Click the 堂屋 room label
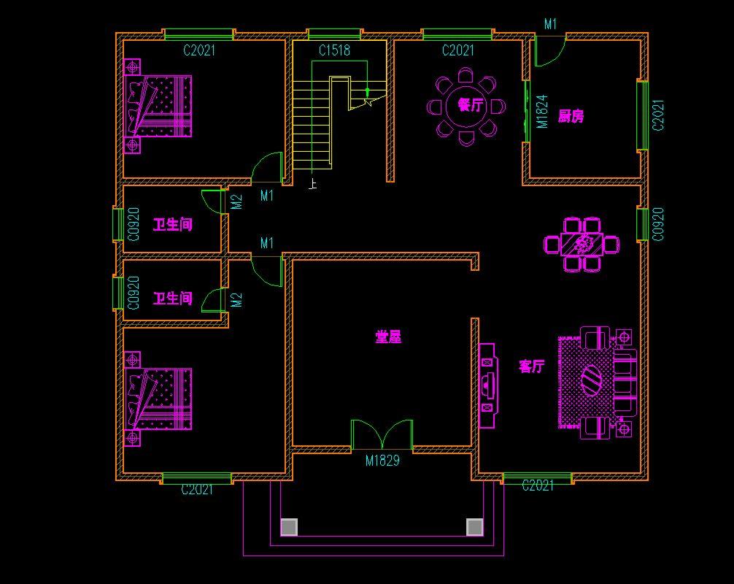tap(389, 337)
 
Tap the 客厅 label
tap(532, 366)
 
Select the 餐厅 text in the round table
tap(471, 104)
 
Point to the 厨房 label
tap(571, 115)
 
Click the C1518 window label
tap(334, 50)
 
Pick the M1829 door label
tap(382, 461)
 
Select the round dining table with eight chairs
tap(466, 107)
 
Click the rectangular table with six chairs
tap(582, 244)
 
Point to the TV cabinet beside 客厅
tap(487, 385)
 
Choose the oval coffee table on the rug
tap(591, 380)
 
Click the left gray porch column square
tap(289, 527)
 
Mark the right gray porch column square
tap(475, 527)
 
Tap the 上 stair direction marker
tap(313, 183)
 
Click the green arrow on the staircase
tap(368, 91)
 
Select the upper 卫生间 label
tap(173, 225)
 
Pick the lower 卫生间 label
tap(173, 299)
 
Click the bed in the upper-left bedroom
tap(158, 107)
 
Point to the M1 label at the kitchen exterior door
tap(550, 24)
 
